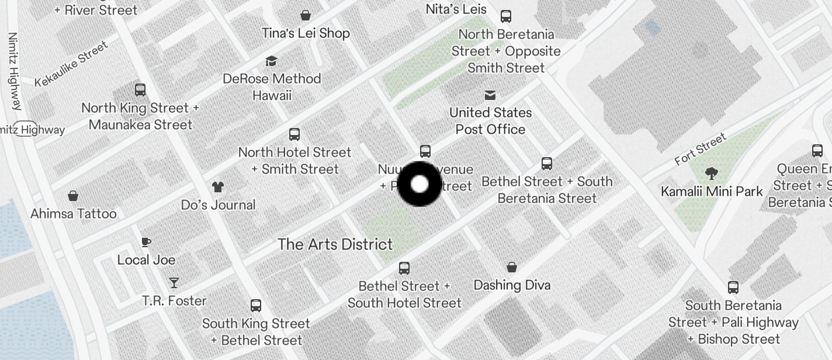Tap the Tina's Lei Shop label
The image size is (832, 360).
pyautogui.click(x=306, y=33)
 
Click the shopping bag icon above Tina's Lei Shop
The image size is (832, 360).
pyautogui.click(x=305, y=15)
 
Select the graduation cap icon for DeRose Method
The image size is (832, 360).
pyautogui.click(x=271, y=61)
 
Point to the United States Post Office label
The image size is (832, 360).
pyautogui.click(x=490, y=121)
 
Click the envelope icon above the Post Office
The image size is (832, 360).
pyautogui.click(x=490, y=95)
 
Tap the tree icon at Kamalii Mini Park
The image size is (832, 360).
pyautogui.click(x=711, y=173)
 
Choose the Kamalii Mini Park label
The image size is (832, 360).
pyautogui.click(x=712, y=192)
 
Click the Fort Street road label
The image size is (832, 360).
pyautogui.click(x=700, y=149)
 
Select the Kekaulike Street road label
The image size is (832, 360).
pyautogui.click(x=71, y=64)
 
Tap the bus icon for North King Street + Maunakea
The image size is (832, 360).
pyautogui.click(x=140, y=90)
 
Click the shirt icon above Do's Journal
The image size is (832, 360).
pyautogui.click(x=218, y=186)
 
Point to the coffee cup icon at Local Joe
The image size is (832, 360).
pyautogui.click(x=146, y=242)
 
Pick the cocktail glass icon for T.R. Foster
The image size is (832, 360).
pyautogui.click(x=174, y=283)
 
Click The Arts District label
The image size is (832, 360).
pyautogui.click(x=335, y=244)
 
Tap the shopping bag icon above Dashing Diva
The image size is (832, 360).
pyautogui.click(x=512, y=267)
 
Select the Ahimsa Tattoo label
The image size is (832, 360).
pyautogui.click(x=74, y=214)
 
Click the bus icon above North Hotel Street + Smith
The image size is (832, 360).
pyautogui.click(x=294, y=134)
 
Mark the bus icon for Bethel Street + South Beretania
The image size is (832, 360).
pyautogui.click(x=547, y=164)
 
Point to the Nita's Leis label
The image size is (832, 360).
pyautogui.click(x=456, y=9)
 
